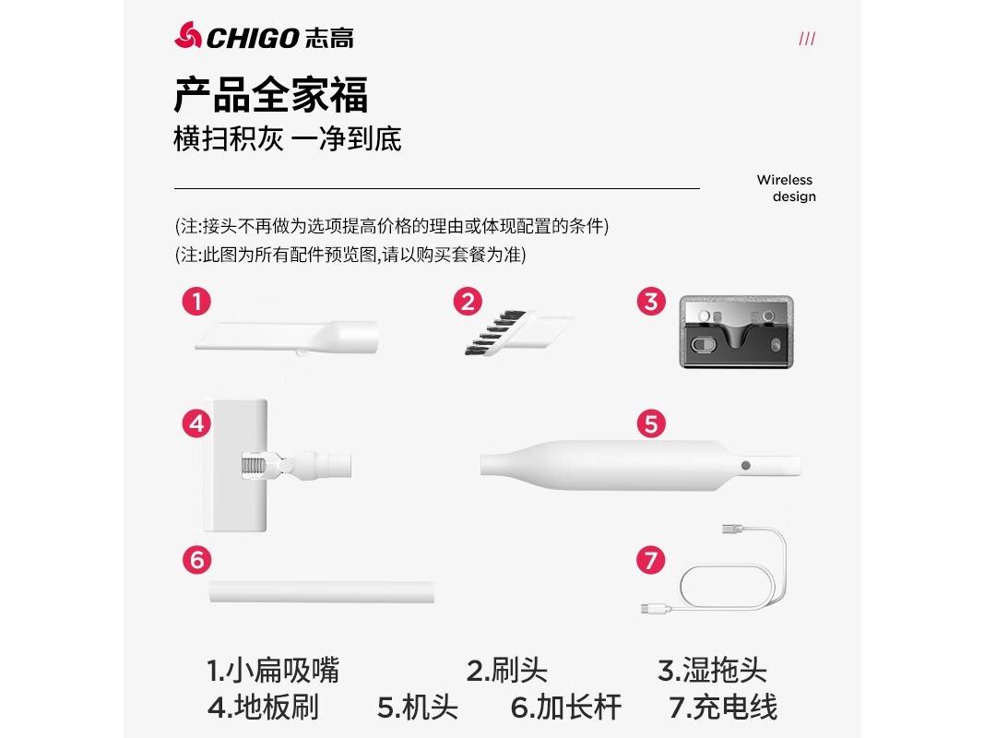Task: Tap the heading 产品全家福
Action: (x=270, y=95)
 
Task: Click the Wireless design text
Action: (x=786, y=188)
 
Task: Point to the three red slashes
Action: (x=806, y=39)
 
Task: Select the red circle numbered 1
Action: (x=196, y=301)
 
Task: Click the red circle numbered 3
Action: (x=651, y=301)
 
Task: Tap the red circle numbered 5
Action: (x=651, y=423)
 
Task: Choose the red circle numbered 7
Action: (x=651, y=560)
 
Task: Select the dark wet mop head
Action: (x=737, y=331)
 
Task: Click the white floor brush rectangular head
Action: (x=239, y=466)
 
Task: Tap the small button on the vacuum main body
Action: (x=745, y=466)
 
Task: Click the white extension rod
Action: (x=322, y=591)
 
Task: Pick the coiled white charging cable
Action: (x=733, y=577)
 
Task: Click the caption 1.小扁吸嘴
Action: (x=272, y=669)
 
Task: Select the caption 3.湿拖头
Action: (x=712, y=669)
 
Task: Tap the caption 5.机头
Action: (x=417, y=708)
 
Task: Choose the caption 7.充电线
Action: (x=723, y=708)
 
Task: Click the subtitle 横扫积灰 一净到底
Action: (x=287, y=139)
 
